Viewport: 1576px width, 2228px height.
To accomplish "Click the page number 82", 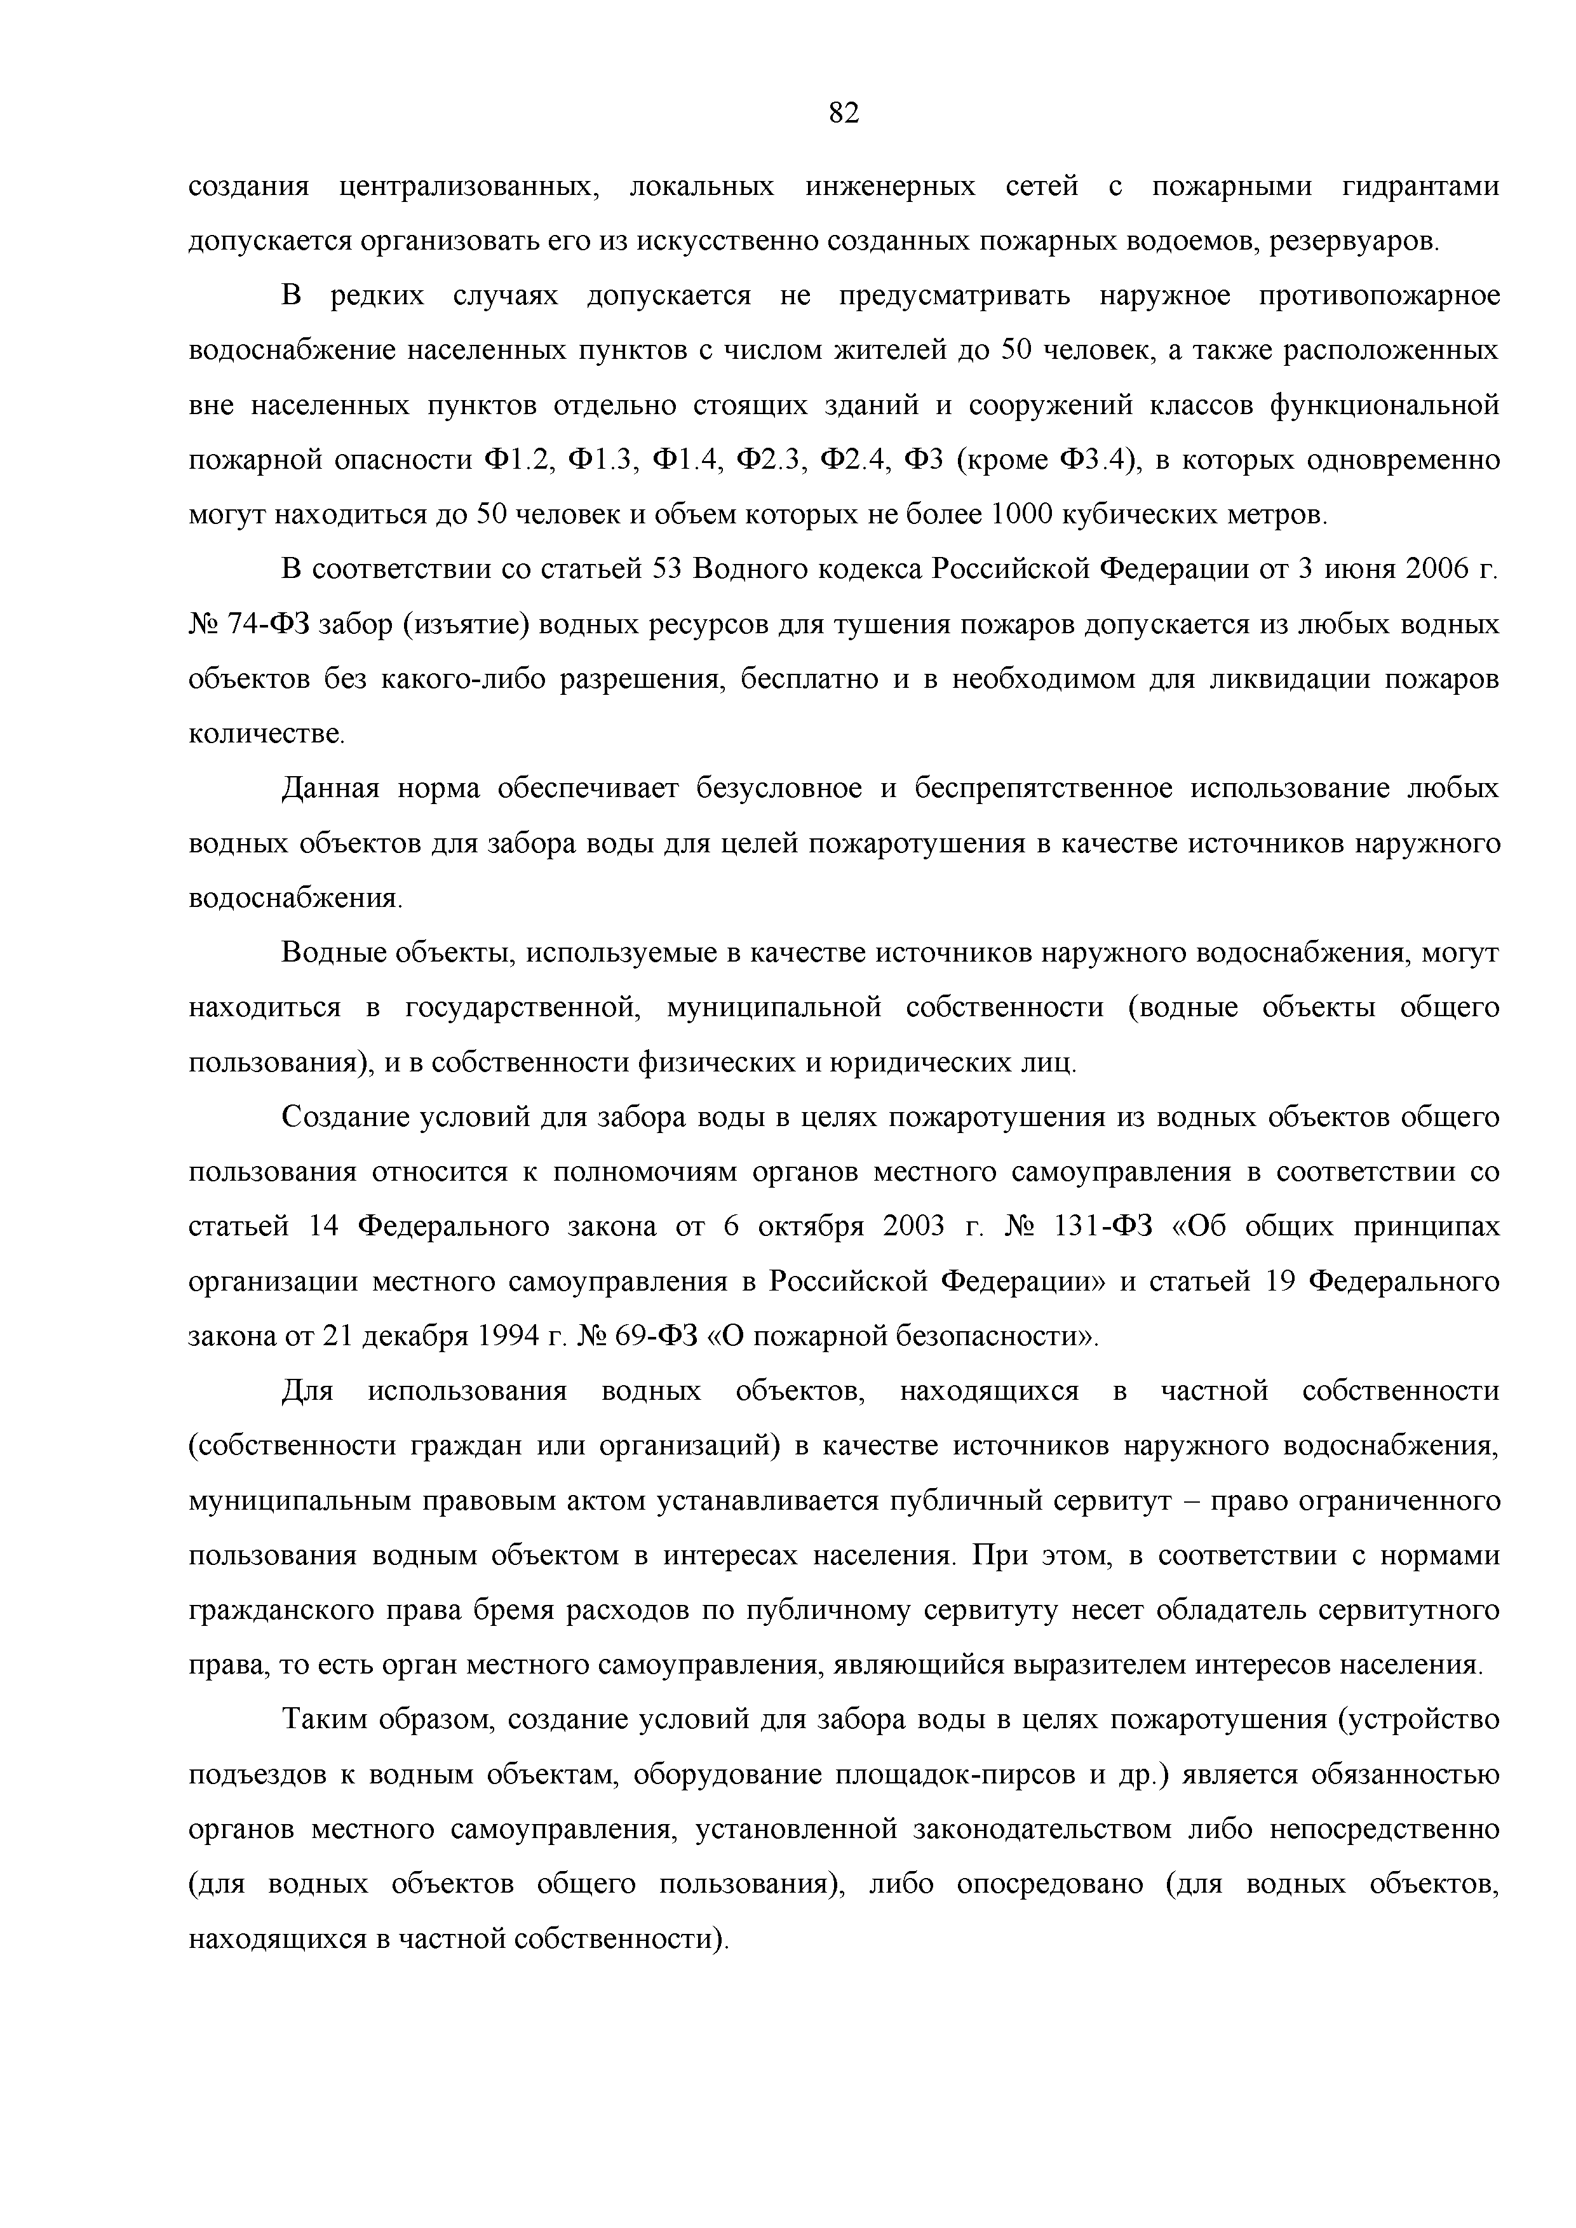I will coord(844,114).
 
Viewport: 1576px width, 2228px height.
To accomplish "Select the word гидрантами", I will coord(1421,186).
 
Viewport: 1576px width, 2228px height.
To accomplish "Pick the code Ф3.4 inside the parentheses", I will coord(1094,459).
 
